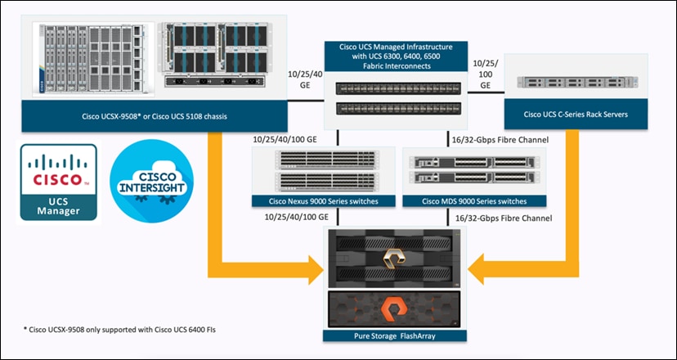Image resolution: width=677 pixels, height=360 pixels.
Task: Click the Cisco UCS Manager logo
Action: pos(59,182)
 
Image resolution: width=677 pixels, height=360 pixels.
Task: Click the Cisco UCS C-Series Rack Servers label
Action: pos(576,114)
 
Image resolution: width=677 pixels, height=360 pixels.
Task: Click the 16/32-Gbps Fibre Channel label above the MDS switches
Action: pos(500,140)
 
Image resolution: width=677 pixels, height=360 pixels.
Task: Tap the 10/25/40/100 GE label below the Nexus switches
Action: pos(298,217)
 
